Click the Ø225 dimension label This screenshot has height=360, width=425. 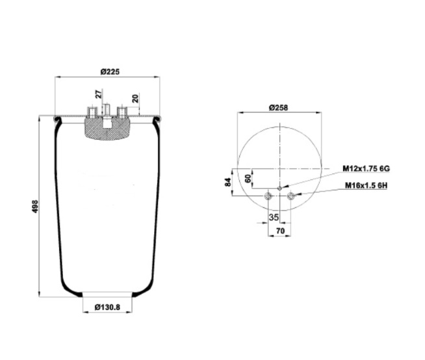click(x=110, y=72)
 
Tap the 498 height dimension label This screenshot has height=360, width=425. click(x=36, y=206)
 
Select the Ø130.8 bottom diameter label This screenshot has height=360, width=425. click(x=107, y=307)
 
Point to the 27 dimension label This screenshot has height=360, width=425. click(x=99, y=94)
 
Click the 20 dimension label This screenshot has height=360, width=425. click(x=135, y=98)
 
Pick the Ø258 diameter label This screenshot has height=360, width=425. click(x=278, y=108)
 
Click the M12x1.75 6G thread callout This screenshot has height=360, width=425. click(x=366, y=168)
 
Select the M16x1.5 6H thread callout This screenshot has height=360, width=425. click(x=366, y=185)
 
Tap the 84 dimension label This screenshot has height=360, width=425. click(x=228, y=182)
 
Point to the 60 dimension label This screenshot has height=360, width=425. click(x=248, y=179)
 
